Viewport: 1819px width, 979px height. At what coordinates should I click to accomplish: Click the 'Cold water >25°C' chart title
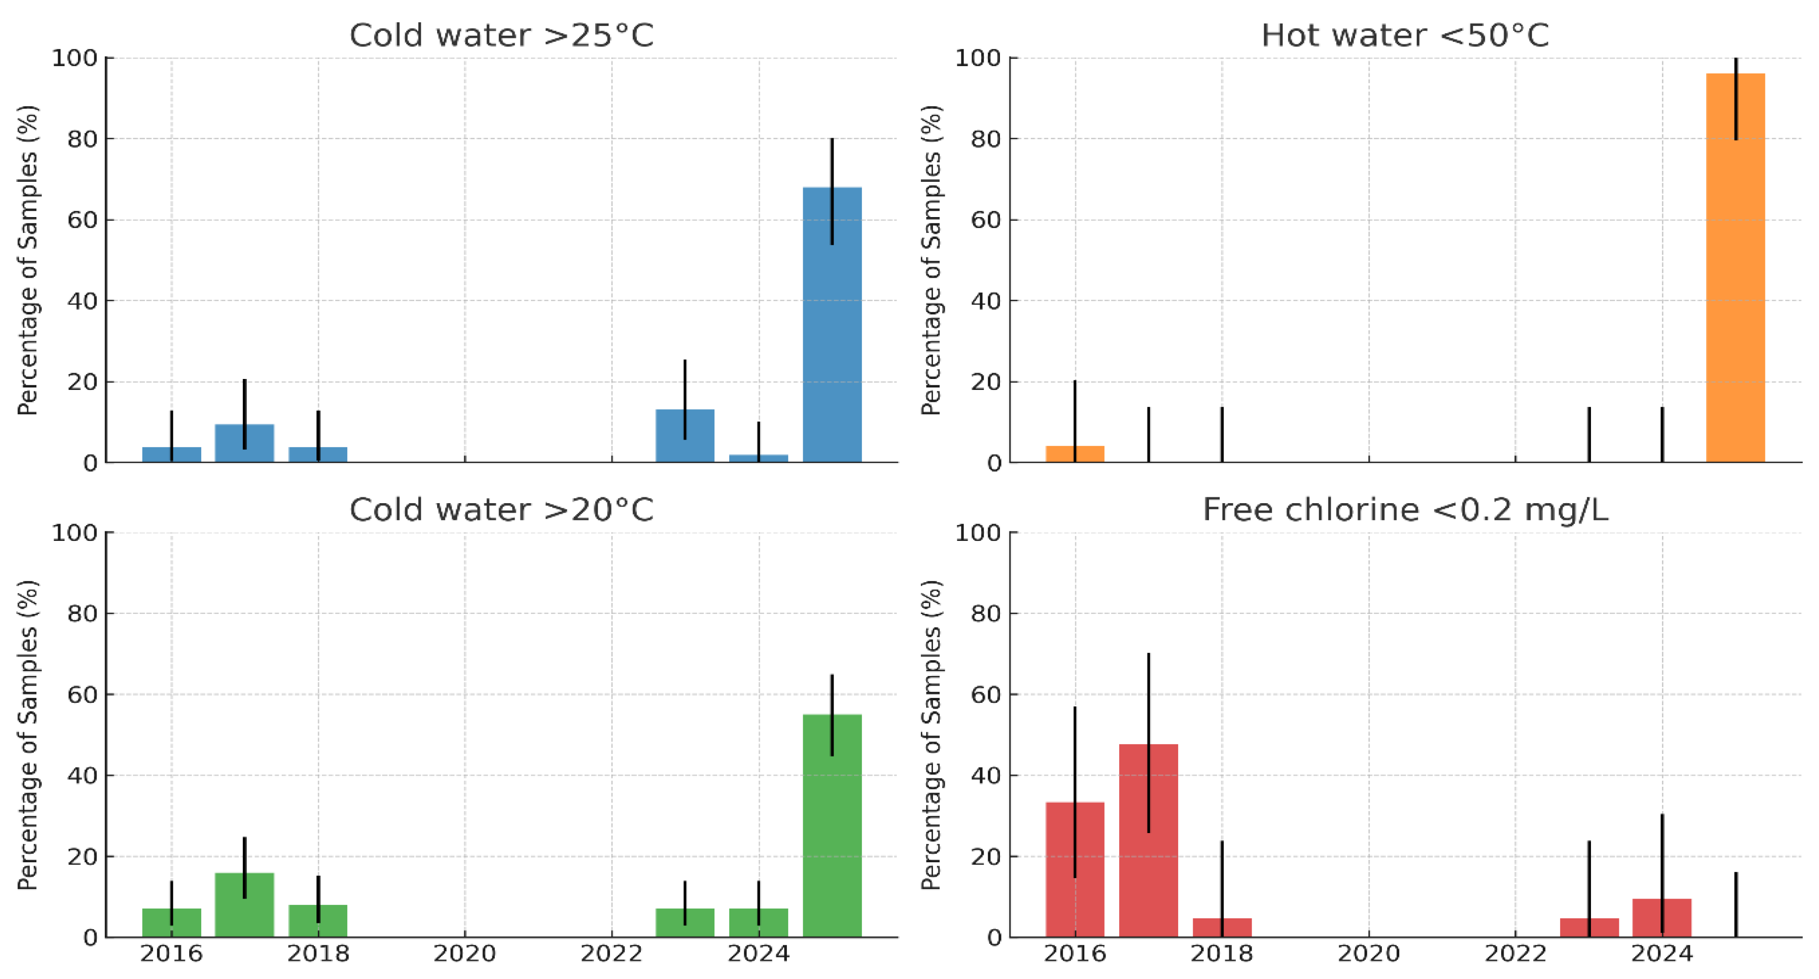point(501,35)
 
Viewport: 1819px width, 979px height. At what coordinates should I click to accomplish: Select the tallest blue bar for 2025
point(832,325)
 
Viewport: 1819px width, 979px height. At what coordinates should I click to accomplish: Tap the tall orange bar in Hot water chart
point(1735,268)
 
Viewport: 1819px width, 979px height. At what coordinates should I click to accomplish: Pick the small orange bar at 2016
point(1075,454)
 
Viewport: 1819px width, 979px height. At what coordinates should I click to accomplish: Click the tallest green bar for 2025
point(832,827)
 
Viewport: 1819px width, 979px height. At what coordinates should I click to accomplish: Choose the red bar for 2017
point(1148,840)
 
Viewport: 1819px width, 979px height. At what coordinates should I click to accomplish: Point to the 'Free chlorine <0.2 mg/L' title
point(1405,510)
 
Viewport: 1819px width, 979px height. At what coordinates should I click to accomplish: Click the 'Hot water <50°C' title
point(1405,35)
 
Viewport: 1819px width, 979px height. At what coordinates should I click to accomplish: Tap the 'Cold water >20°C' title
point(501,510)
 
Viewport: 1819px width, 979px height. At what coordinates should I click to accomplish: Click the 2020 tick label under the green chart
point(464,954)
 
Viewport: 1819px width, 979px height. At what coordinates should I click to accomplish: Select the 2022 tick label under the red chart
point(1516,954)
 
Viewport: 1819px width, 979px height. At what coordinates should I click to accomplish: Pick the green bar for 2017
point(244,905)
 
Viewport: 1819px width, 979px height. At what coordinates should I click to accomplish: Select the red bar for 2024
point(1662,918)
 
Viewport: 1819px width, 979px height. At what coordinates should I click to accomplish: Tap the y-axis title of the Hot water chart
point(931,260)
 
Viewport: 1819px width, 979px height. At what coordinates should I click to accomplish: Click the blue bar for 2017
point(244,444)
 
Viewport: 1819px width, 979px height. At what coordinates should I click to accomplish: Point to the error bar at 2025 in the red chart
point(1736,904)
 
